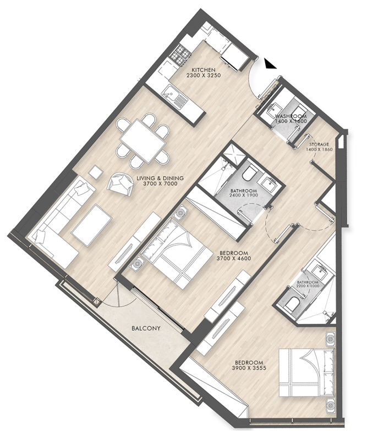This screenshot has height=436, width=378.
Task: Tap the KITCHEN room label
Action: point(203,70)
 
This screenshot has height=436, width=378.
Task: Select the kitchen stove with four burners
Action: point(180,54)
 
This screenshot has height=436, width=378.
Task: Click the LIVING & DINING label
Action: point(160,178)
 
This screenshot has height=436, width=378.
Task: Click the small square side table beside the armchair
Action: point(96,171)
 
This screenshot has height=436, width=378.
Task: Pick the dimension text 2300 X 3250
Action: point(203,76)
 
